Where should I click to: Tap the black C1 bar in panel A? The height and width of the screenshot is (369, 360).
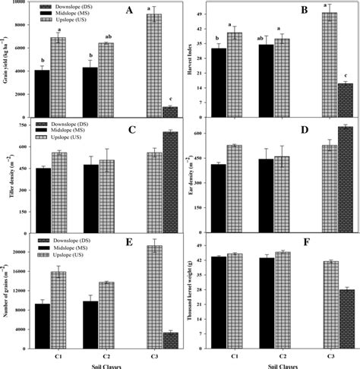(x=42, y=94)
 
